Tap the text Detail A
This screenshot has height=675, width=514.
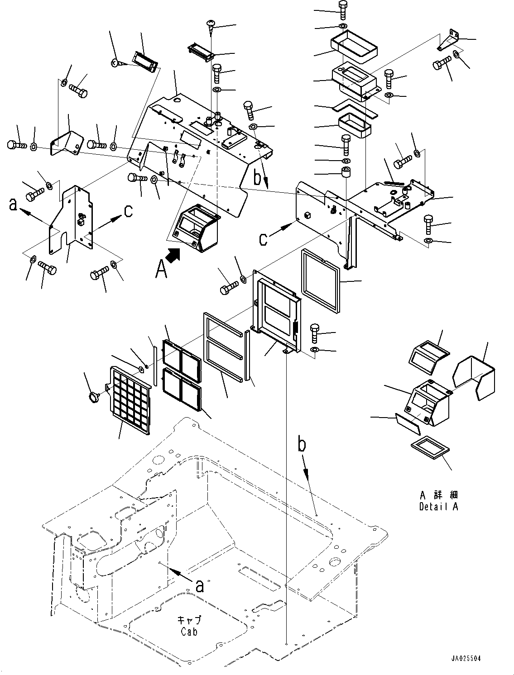pos(438,507)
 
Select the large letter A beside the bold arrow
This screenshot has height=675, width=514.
pos(161,269)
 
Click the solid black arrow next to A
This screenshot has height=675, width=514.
pos(173,255)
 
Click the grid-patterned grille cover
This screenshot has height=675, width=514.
pos(130,400)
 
